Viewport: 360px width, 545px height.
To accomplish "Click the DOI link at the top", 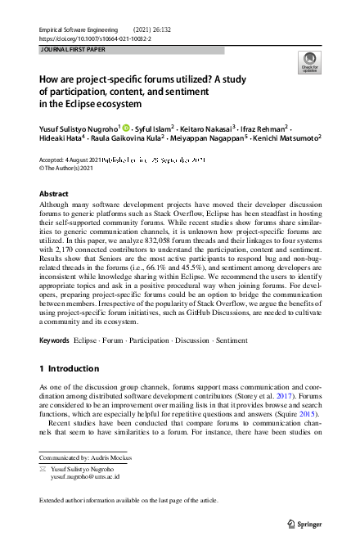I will pyautogui.click(x=95, y=38).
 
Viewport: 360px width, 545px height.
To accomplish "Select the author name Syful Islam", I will pyautogui.click(x=151, y=128).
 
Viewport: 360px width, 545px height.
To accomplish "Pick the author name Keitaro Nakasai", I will pyautogui.click(x=210, y=128).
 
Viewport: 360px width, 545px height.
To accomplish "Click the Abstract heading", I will pyautogui.click(x=54, y=194).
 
